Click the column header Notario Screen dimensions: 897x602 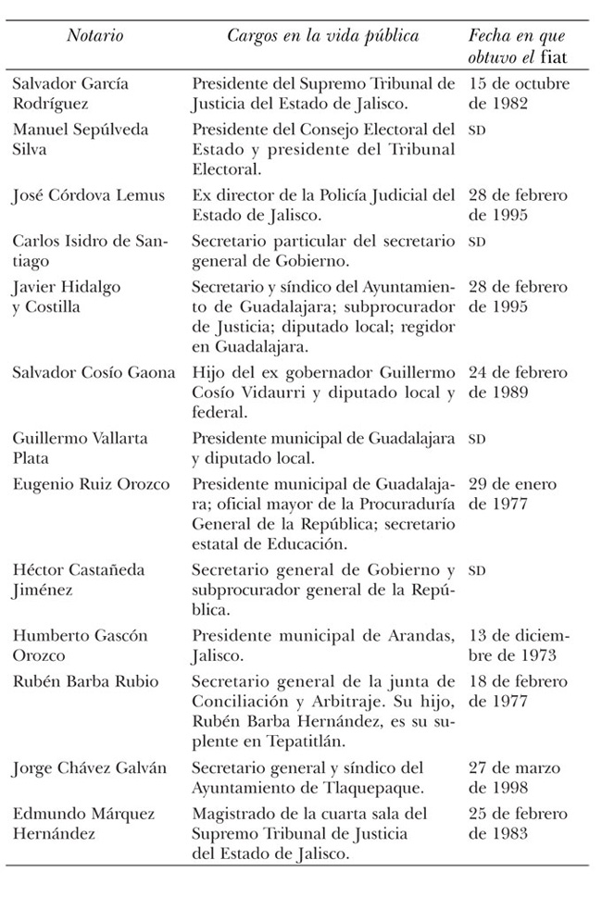[95, 36]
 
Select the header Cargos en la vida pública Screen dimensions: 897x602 [323, 36]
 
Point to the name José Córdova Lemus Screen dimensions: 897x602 [89, 195]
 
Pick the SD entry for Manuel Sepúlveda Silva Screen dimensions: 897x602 [478, 131]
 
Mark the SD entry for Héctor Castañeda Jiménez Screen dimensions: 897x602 [478, 571]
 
